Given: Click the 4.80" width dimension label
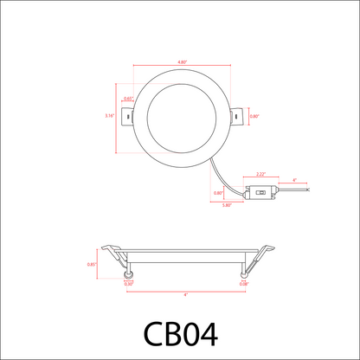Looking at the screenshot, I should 182,62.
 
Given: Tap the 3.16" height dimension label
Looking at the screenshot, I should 109,115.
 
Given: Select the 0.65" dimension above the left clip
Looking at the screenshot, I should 128,98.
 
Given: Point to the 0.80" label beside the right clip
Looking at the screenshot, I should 254,116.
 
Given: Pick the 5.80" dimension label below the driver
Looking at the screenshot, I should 227,205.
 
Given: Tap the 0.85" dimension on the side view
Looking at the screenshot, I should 91,264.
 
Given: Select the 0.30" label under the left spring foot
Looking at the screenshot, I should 128,283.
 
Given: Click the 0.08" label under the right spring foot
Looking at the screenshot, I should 244,283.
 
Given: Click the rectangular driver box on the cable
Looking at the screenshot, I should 260,193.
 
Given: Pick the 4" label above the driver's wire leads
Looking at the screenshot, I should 294,180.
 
